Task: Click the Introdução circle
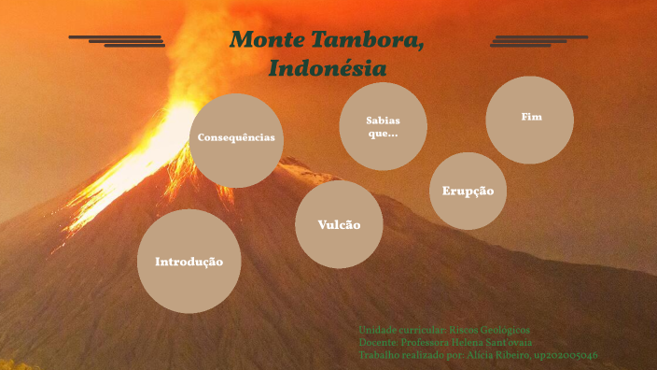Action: (x=189, y=261)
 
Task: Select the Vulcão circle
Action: (x=339, y=224)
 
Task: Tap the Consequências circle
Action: (x=236, y=138)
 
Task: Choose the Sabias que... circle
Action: (x=383, y=126)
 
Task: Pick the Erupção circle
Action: (x=468, y=191)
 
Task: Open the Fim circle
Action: (x=530, y=119)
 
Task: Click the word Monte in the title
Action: (x=261, y=40)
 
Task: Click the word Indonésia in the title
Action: (x=327, y=68)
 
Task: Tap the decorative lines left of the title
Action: (x=118, y=40)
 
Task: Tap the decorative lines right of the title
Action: (x=538, y=40)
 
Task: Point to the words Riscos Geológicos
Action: (x=489, y=331)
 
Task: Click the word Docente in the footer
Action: (x=377, y=343)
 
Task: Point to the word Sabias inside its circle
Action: (x=383, y=120)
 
